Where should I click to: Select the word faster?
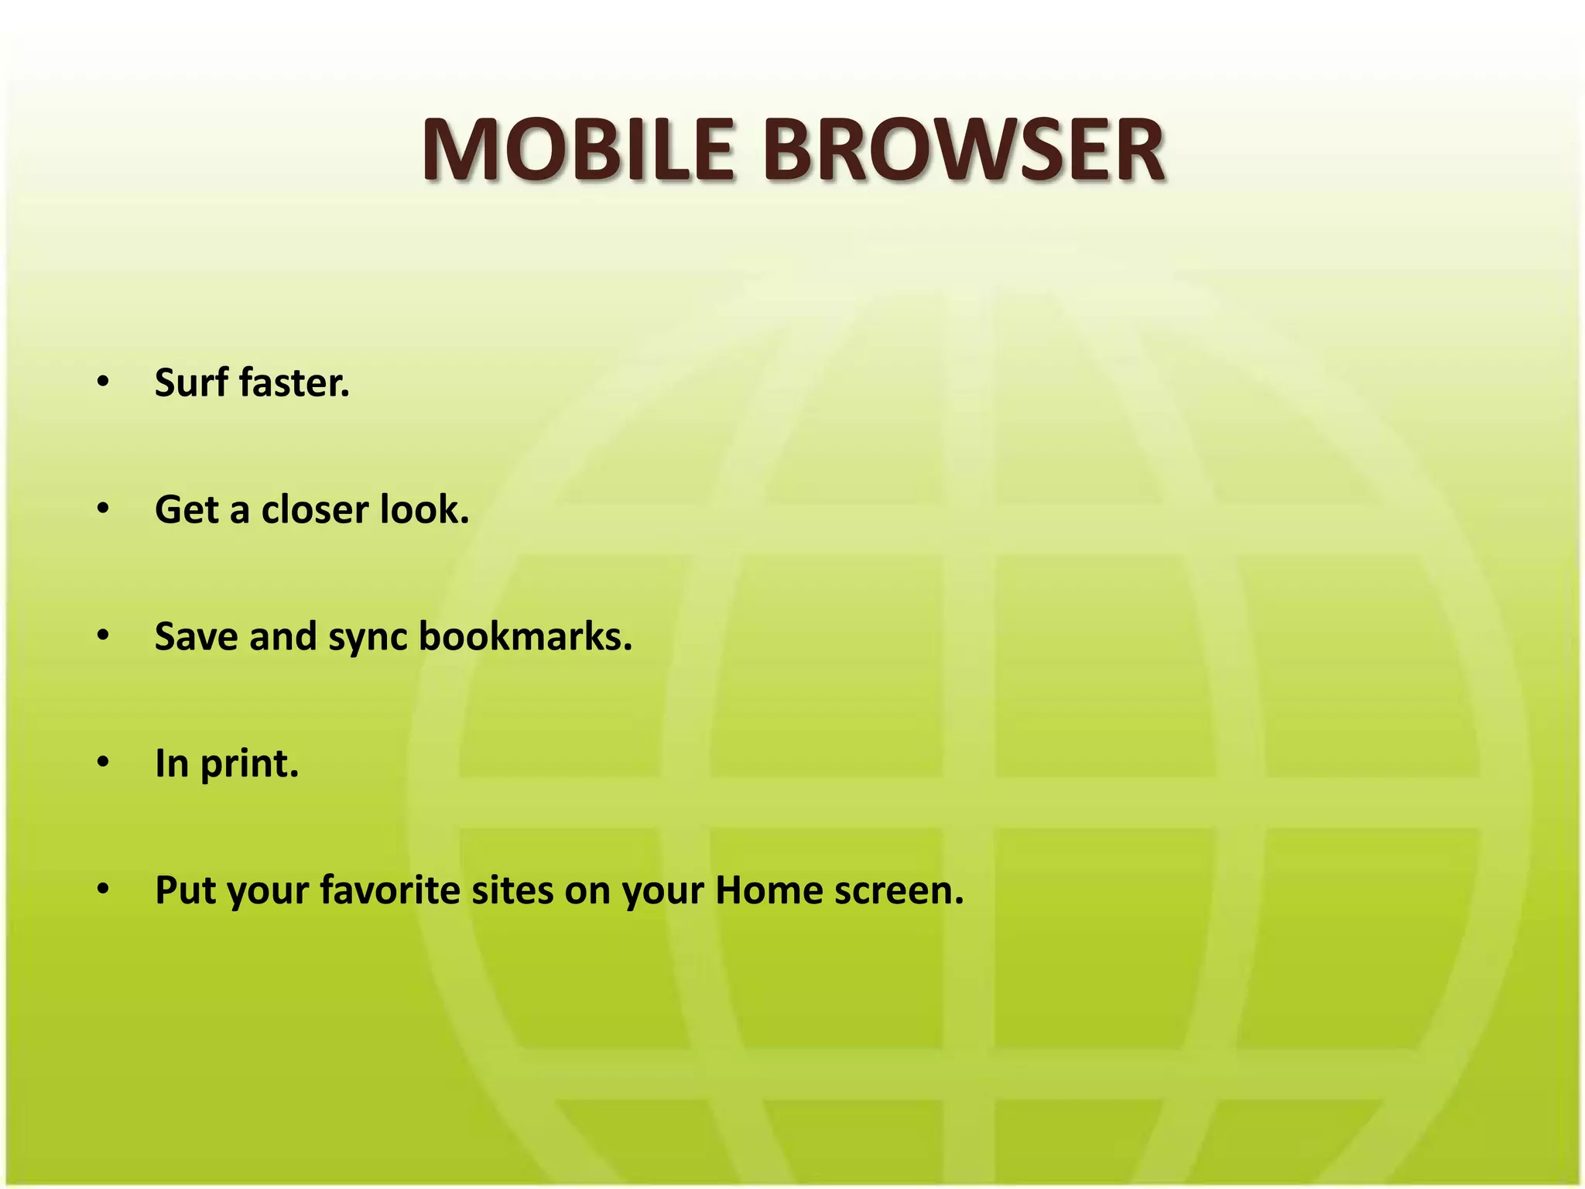click(x=295, y=382)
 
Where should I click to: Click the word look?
click(x=425, y=509)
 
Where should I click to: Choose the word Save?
click(x=197, y=636)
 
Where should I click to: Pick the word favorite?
click(x=390, y=890)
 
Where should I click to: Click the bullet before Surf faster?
click(x=104, y=382)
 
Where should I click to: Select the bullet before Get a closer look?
click(x=104, y=509)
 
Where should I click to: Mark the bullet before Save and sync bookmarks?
click(x=104, y=636)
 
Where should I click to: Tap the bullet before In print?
click(x=104, y=762)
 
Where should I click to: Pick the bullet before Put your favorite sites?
click(x=104, y=889)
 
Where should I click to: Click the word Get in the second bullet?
click(x=187, y=509)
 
